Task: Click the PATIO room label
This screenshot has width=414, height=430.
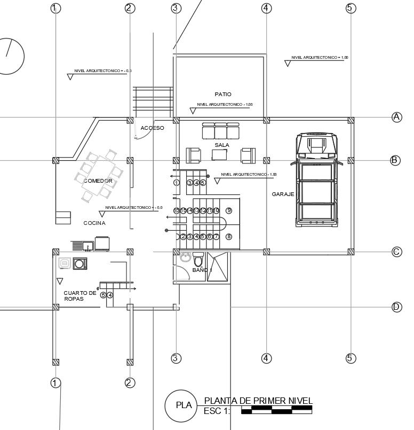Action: (x=223, y=95)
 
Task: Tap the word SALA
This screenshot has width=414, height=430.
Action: (x=222, y=145)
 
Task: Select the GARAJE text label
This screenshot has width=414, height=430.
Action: (x=283, y=194)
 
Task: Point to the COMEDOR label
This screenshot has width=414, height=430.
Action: (x=98, y=181)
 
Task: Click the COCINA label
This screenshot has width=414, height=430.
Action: (x=94, y=223)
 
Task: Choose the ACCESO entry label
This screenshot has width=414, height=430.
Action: (x=153, y=128)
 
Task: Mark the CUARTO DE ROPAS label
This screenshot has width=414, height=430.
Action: (x=80, y=296)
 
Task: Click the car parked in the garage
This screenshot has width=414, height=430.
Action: (x=318, y=180)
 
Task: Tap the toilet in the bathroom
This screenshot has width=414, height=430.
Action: (x=198, y=260)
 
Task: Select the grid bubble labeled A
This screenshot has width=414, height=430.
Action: (x=396, y=117)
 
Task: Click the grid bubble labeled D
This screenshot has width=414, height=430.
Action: (x=396, y=307)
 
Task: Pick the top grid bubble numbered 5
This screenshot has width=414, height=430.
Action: (x=351, y=8)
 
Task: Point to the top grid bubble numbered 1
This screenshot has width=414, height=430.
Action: (x=55, y=8)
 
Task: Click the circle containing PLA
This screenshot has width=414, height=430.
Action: (x=184, y=405)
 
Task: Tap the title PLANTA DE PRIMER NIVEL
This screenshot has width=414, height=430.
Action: (x=258, y=401)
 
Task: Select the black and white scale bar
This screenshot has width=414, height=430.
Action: (x=276, y=410)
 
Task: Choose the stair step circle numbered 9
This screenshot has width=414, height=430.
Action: (x=229, y=210)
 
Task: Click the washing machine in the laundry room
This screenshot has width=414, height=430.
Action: (x=80, y=263)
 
